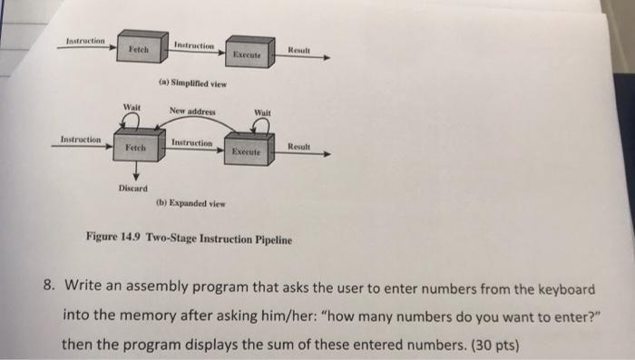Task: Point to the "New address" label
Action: pos(191,112)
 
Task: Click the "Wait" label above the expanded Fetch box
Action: pos(132,109)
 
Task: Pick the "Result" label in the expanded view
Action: pos(300,147)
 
